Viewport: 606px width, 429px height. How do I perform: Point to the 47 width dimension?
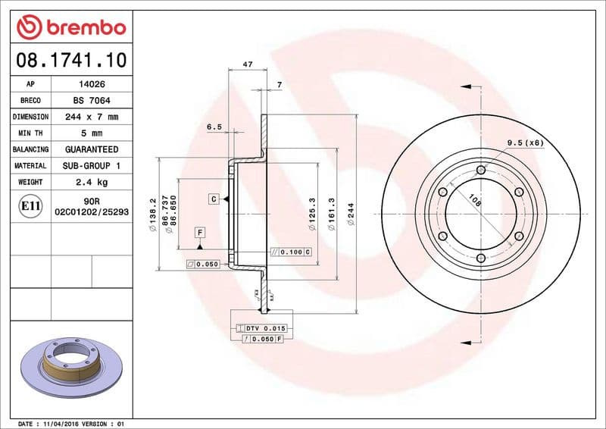[x=247, y=65]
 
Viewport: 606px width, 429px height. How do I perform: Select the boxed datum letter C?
[x=214, y=199]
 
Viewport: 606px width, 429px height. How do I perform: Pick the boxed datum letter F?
[x=200, y=232]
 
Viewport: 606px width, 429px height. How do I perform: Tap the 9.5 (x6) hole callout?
[x=525, y=142]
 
